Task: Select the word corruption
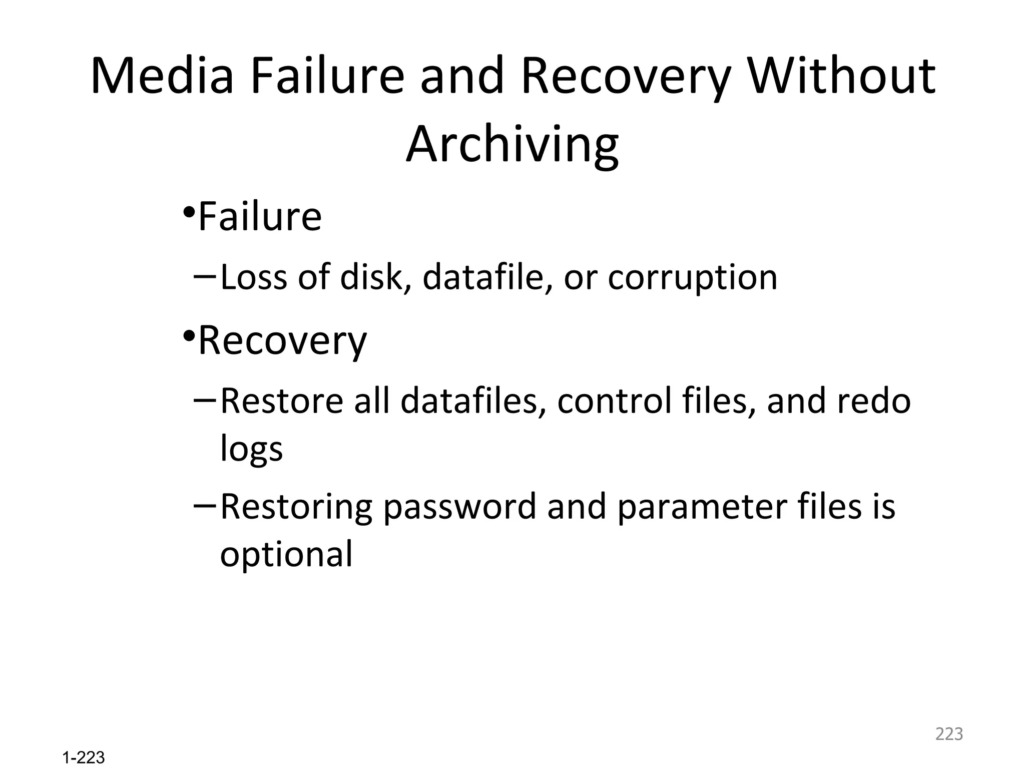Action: [x=692, y=278]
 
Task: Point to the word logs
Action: [x=251, y=449]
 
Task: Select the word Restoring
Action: [x=296, y=507]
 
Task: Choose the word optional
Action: [x=286, y=555]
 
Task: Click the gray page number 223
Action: [x=949, y=734]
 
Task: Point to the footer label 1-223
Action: [x=84, y=758]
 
